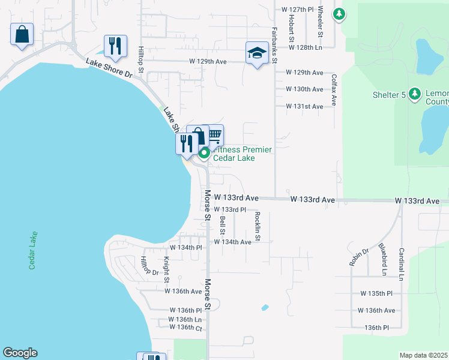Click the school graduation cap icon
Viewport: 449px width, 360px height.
coord(257,53)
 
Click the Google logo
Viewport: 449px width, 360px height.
coord(20,353)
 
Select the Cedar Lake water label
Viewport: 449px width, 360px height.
coord(32,250)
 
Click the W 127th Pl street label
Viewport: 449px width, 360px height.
coord(298,10)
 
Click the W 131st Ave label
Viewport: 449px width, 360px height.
coord(306,106)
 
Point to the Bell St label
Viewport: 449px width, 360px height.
coord(222,225)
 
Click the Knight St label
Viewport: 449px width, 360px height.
coord(166,270)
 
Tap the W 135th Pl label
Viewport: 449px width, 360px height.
coord(376,293)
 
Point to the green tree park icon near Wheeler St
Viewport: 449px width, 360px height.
coord(339,13)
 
